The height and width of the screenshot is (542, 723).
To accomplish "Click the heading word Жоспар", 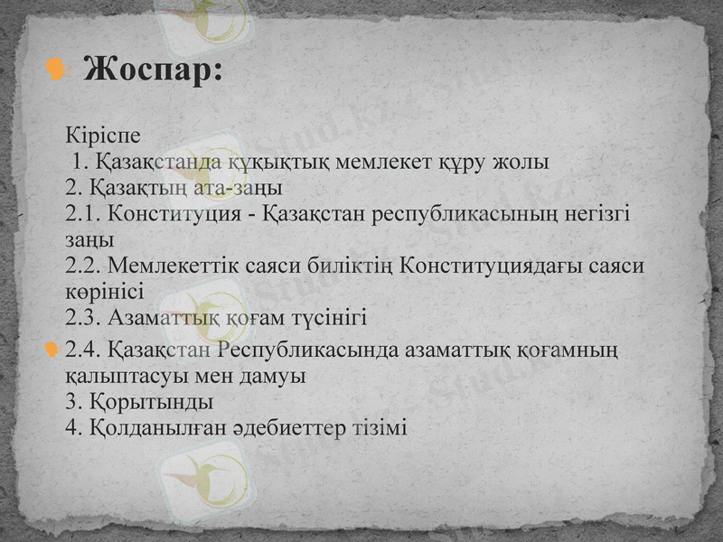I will click(152, 70).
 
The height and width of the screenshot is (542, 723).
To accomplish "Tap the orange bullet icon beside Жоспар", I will click(57, 70).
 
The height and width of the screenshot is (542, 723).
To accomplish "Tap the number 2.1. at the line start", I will click(86, 215).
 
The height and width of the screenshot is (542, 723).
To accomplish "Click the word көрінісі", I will click(105, 292).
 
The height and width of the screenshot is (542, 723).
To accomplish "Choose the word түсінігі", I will click(323, 318).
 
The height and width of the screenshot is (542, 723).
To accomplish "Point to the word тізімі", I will click(381, 427).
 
